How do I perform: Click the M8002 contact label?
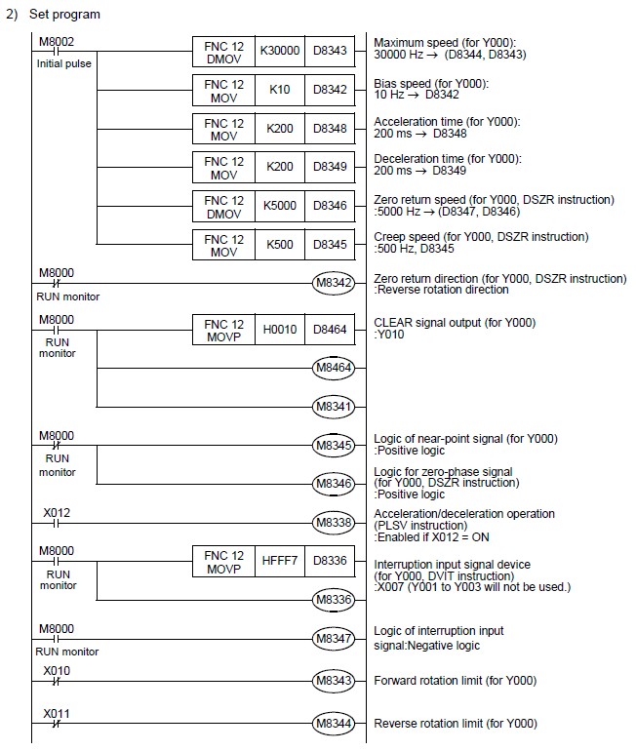pyautogui.click(x=55, y=42)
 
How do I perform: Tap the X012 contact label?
pyautogui.click(x=56, y=512)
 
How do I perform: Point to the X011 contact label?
pyautogui.click(x=56, y=714)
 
